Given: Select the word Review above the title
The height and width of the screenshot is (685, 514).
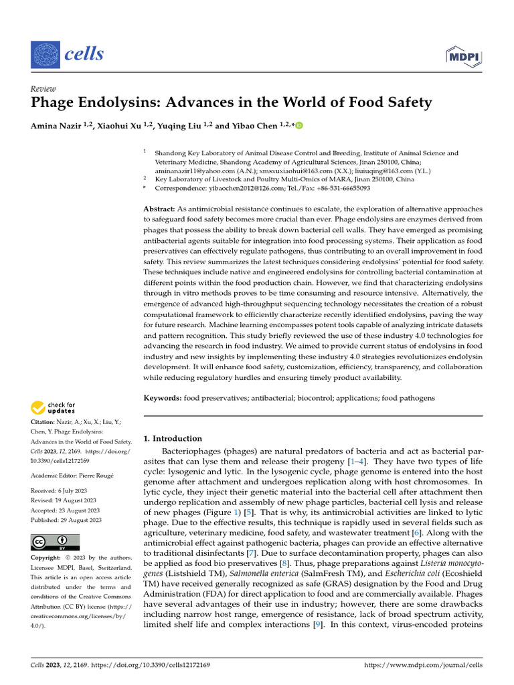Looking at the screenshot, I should coord(44,89).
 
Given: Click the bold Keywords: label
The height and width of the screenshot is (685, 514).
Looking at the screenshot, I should coord(163,398).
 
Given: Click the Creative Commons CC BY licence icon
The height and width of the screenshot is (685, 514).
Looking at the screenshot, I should coord(55,542).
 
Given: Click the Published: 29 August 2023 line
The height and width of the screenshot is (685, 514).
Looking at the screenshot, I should coord(66,520).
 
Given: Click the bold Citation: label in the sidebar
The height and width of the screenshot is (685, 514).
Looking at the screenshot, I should coord(43,423).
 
